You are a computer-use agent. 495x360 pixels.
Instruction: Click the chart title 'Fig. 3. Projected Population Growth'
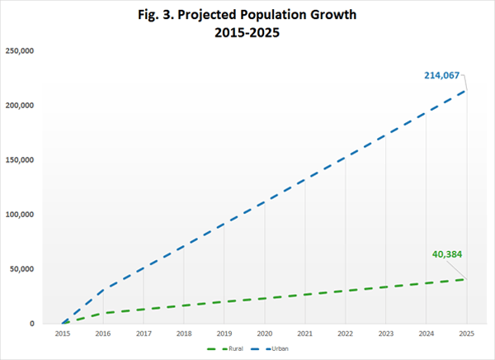[247, 15]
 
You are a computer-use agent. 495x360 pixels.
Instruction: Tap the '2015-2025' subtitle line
[247, 32]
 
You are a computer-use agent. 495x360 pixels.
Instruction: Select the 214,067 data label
[441, 75]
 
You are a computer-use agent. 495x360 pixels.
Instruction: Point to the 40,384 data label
[447, 254]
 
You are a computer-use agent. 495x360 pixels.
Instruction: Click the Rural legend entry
[225, 349]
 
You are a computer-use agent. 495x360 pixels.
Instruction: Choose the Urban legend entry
[270, 349]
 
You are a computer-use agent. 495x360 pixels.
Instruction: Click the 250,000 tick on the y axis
[20, 51]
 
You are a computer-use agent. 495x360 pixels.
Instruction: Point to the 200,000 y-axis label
[20, 105]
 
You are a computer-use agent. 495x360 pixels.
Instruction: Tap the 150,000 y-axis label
[20, 160]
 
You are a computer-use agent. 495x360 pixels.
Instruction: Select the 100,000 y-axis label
[20, 215]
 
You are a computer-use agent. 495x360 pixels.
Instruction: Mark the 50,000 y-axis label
[21, 269]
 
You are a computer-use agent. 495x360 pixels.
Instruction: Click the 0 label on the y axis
[32, 324]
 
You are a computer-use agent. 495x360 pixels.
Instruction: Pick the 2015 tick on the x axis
[63, 334]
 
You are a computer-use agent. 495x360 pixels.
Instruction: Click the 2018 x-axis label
[184, 334]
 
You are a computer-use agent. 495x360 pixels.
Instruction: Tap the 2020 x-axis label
[265, 334]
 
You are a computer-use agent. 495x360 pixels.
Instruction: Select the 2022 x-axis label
[346, 334]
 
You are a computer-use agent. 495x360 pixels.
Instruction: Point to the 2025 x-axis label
[467, 334]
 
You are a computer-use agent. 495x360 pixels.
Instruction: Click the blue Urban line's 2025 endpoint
[467, 90]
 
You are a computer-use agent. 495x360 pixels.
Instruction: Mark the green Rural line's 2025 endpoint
[467, 279]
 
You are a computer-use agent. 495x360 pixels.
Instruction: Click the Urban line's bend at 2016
[103, 290]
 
